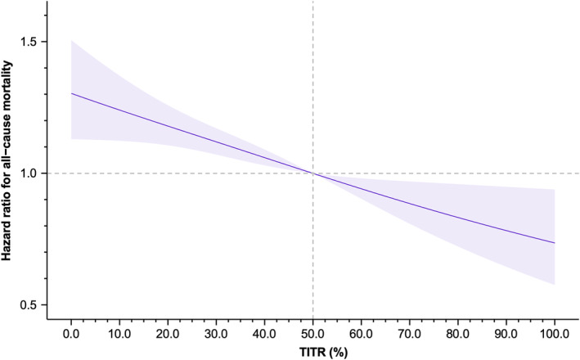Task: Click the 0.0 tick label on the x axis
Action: (71, 334)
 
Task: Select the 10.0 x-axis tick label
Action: (119, 334)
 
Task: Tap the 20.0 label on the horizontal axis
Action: (168, 334)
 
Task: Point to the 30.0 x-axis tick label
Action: (216, 334)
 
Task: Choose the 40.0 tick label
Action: (264, 334)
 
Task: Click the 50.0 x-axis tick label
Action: (313, 334)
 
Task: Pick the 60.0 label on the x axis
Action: (361, 334)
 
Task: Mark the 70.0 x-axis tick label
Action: (410, 334)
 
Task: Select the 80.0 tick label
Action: (458, 334)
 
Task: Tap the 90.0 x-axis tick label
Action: (506, 334)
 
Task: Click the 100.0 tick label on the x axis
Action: (555, 334)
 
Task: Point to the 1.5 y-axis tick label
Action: (30, 42)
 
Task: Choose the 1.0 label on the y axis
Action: (30, 173)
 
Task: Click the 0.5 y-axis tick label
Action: (30, 305)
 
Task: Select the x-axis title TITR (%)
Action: (323, 353)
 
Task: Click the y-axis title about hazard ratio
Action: (7, 160)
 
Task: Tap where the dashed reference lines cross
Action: (313, 173)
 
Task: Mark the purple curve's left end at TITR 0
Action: (71, 93)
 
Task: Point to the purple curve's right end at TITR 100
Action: (555, 243)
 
